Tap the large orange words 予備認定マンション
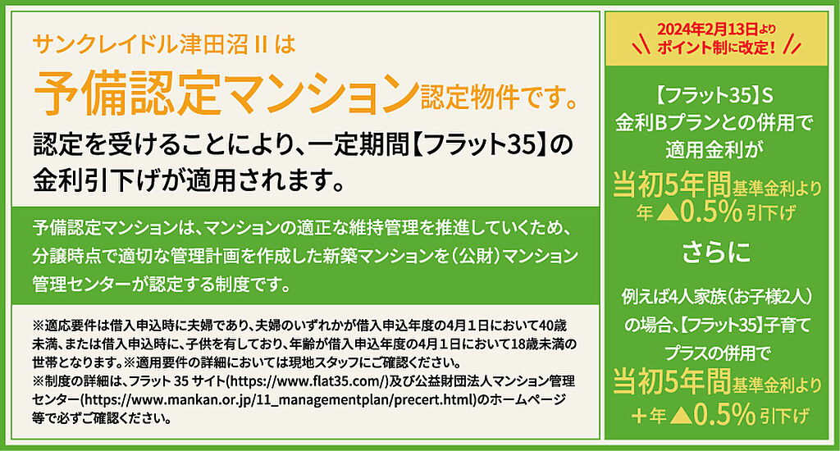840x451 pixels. coord(225,93)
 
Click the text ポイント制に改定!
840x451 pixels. coord(716,47)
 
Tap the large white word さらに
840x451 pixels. coord(716,253)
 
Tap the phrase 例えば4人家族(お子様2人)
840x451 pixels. coord(717,296)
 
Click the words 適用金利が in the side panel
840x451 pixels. coord(714,149)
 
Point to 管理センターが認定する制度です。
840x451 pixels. coord(162,284)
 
